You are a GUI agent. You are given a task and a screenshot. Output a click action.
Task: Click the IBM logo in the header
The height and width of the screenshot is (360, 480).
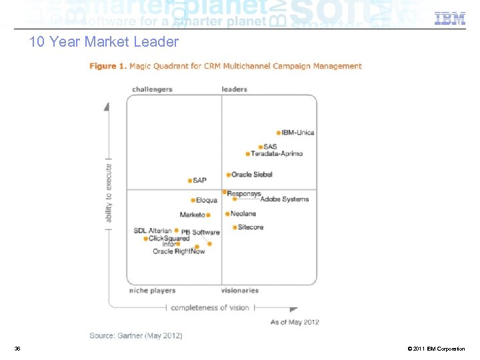coord(450,19)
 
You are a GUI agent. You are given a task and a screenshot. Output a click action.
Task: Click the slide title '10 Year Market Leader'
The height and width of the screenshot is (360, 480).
coord(104,42)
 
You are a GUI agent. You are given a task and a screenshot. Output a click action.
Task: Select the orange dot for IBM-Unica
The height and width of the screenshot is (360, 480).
coord(279,133)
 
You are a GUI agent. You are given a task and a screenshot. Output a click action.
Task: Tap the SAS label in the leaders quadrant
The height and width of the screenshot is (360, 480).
coord(270,147)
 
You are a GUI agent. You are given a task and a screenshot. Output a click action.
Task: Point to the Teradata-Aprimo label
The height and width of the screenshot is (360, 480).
coord(277,153)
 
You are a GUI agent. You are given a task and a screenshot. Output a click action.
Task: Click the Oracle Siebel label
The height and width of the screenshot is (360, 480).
coord(252,175)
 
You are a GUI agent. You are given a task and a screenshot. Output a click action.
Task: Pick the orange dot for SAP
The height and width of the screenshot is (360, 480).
coord(190,181)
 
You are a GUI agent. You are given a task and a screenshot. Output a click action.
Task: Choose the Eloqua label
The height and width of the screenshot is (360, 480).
coord(207,200)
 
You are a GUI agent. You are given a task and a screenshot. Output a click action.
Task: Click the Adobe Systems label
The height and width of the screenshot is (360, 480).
coord(284,199)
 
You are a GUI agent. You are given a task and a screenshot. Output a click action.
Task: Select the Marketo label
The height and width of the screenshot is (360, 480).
coord(192,215)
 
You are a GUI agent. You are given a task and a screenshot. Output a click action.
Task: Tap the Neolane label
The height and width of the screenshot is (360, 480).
coord(243,214)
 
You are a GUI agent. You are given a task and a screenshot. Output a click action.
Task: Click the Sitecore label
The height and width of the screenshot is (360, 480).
coord(251,227)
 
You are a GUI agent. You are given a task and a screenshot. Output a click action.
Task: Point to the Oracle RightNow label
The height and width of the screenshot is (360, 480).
coord(179,251)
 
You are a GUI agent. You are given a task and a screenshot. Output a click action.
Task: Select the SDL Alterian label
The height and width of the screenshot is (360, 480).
coord(152,231)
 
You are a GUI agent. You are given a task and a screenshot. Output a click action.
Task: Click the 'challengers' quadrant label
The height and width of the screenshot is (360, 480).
coord(152,89)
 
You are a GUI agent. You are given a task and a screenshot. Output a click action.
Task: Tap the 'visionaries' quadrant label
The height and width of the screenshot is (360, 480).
coord(240,291)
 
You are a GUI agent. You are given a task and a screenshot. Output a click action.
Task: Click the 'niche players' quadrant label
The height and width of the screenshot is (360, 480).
coord(152,291)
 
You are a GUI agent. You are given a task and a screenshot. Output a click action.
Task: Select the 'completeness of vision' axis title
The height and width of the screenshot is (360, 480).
coord(210,308)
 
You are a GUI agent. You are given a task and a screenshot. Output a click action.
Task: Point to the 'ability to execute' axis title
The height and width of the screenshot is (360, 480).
coord(109,193)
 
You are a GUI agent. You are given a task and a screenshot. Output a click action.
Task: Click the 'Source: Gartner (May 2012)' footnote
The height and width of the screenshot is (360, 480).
coord(136,335)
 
